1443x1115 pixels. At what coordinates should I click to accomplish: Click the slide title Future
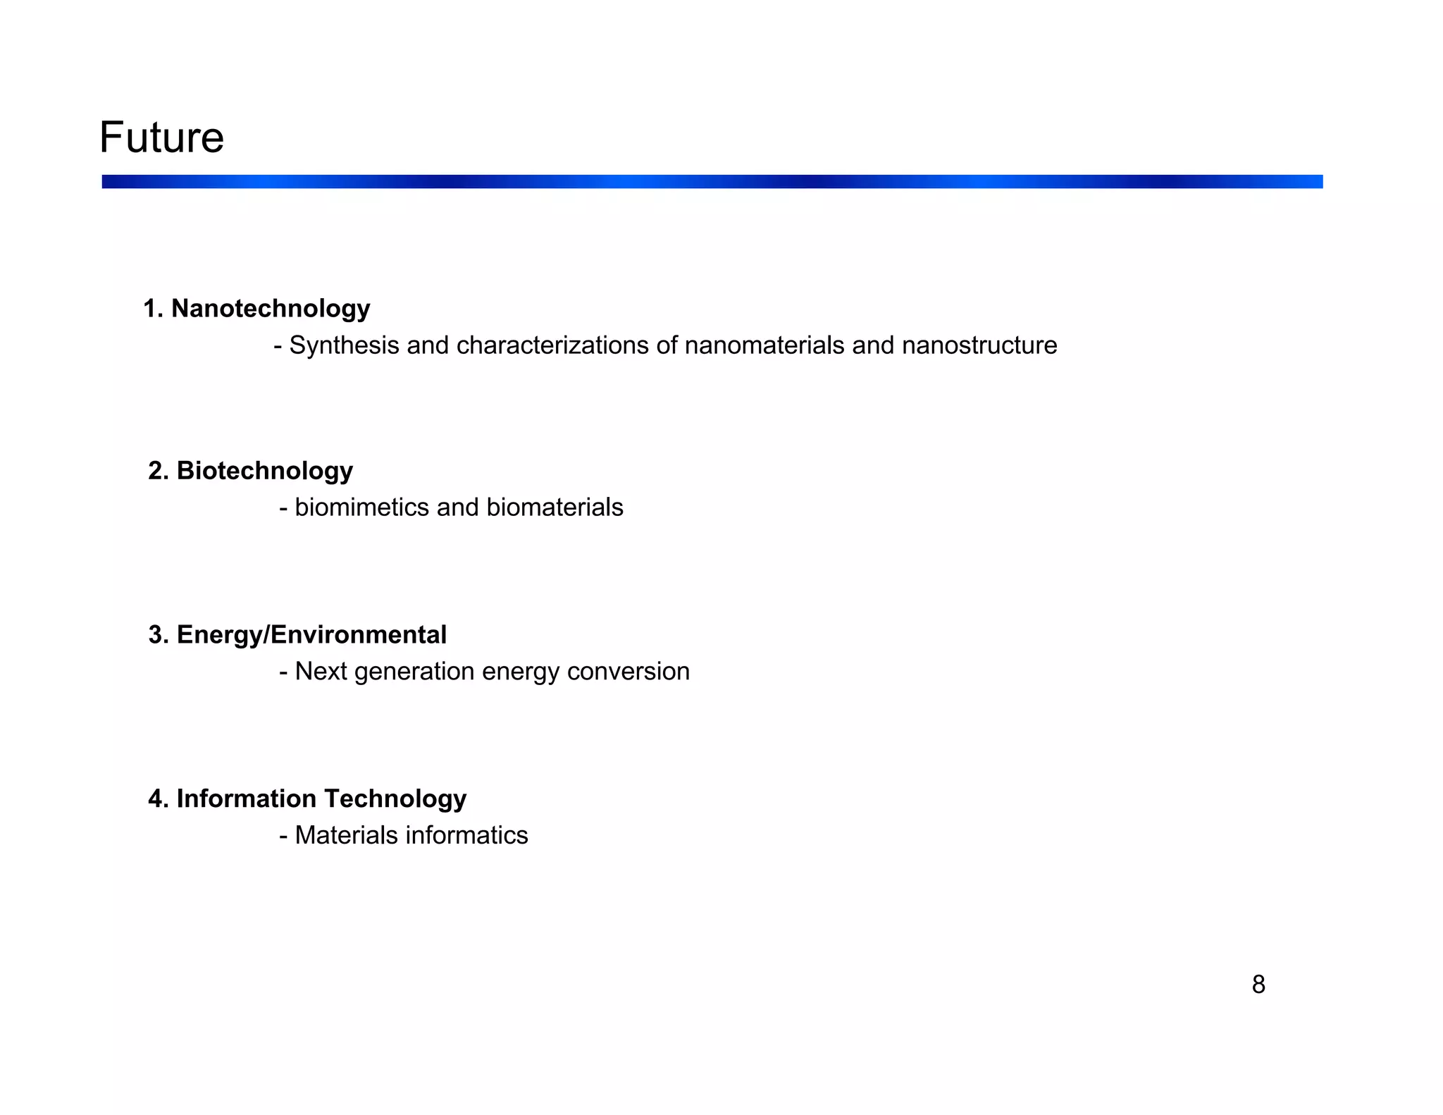[161, 137]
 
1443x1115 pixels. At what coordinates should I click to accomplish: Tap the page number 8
[1258, 985]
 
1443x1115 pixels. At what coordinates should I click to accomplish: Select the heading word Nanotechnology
[271, 309]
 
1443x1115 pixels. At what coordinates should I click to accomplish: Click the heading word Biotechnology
[264, 471]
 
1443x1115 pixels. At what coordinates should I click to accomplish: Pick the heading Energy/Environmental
[311, 635]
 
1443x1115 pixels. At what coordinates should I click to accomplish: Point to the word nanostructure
[979, 345]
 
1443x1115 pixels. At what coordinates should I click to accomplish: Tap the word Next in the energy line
[321, 672]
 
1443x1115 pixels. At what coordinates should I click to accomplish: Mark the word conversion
[628, 672]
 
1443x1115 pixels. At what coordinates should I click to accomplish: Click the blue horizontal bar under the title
[712, 182]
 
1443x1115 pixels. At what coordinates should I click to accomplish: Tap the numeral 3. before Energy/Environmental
[158, 635]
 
